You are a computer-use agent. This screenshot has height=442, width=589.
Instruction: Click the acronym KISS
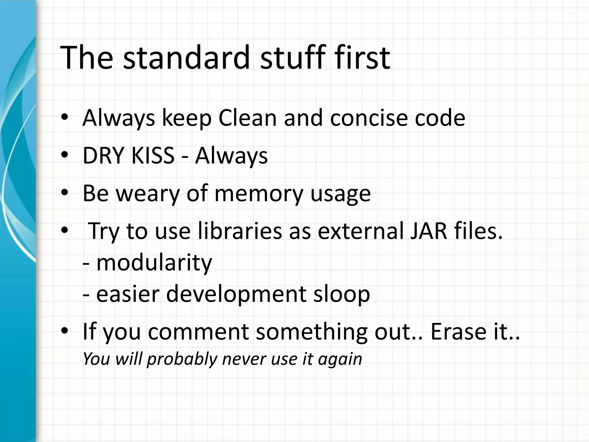[x=153, y=156]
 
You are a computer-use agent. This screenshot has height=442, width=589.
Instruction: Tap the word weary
[x=148, y=193]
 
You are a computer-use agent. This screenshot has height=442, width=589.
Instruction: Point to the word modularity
[x=154, y=263]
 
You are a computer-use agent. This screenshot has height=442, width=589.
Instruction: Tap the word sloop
[x=341, y=294]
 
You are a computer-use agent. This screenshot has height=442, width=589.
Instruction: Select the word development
[x=236, y=294]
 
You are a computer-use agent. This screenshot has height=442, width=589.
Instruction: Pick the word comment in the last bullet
[x=198, y=331]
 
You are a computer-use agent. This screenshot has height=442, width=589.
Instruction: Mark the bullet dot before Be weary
[x=64, y=193]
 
